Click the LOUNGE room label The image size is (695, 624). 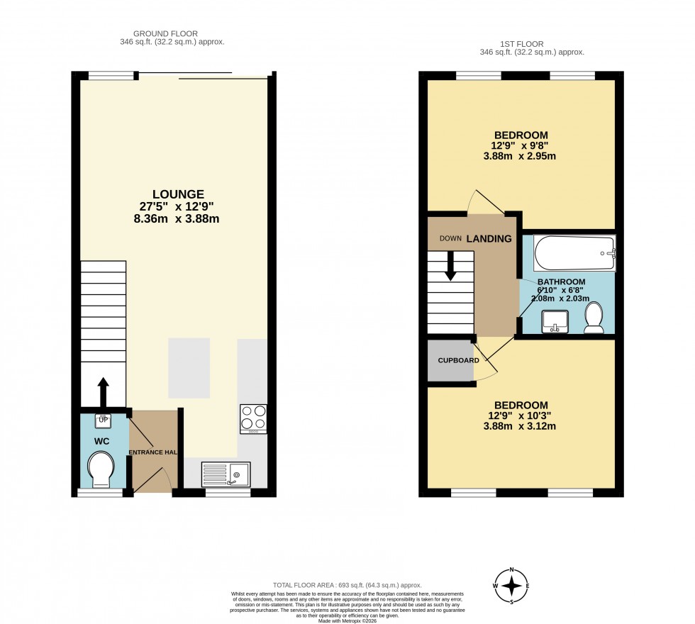(x=178, y=194)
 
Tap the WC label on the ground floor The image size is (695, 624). (x=103, y=440)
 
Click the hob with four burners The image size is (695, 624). (x=254, y=418)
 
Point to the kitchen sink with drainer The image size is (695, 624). (x=225, y=473)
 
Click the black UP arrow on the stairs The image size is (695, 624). (x=103, y=391)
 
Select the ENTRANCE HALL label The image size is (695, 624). (x=152, y=452)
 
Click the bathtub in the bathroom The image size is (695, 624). (x=574, y=253)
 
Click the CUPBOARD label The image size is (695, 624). (x=458, y=360)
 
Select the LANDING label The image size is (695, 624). (x=489, y=239)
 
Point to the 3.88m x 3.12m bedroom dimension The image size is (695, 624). (x=521, y=426)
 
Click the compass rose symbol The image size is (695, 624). (x=511, y=586)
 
